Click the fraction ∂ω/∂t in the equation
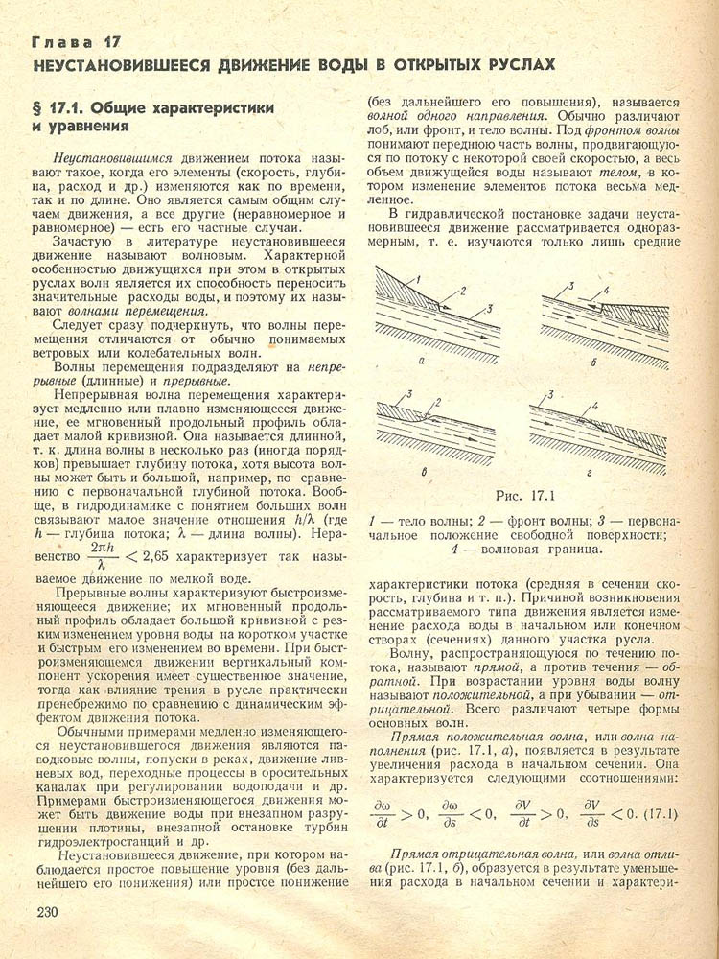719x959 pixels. click(x=383, y=814)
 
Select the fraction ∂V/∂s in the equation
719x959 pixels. click(x=590, y=814)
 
